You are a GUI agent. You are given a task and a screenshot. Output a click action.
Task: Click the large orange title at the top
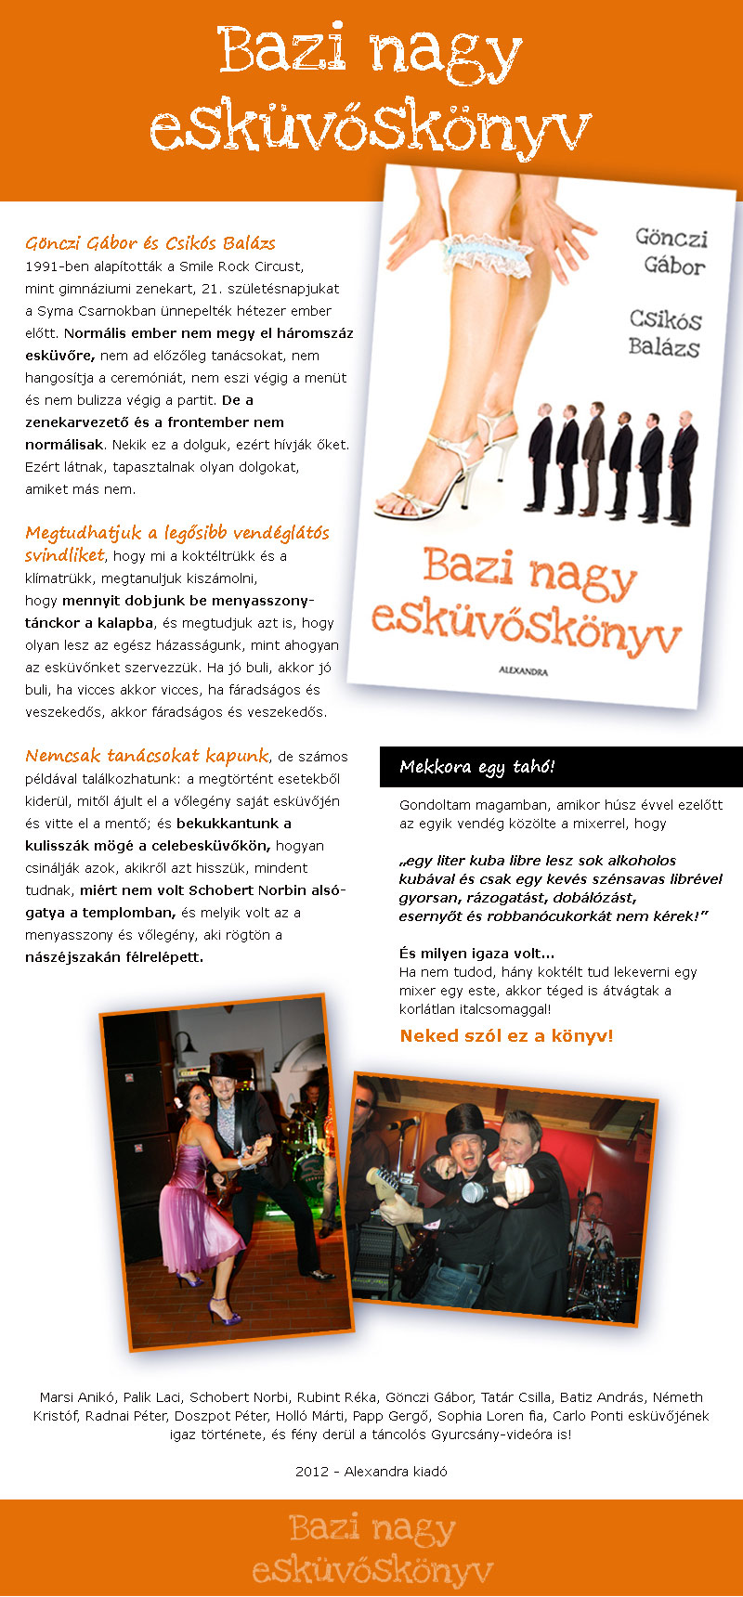click(x=371, y=91)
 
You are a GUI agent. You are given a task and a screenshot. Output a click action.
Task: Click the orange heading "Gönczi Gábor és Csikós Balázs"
click(x=150, y=243)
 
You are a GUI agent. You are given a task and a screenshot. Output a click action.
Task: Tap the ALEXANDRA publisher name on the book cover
click(x=523, y=669)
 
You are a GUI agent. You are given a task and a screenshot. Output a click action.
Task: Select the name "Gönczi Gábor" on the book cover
click(x=671, y=252)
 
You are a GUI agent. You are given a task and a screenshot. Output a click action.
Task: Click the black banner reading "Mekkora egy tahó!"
click(x=561, y=767)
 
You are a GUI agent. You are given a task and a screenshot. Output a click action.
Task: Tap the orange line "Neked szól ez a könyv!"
click(x=506, y=1035)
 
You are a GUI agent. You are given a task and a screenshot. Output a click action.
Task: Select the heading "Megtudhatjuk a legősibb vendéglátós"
click(x=176, y=533)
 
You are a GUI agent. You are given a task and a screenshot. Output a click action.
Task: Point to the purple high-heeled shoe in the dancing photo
click(x=224, y=1315)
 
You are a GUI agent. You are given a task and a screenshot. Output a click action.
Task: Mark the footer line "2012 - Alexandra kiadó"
click(x=371, y=1471)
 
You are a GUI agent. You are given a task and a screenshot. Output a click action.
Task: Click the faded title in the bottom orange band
click(x=371, y=1549)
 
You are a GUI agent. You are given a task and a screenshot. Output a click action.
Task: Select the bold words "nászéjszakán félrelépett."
click(x=114, y=956)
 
